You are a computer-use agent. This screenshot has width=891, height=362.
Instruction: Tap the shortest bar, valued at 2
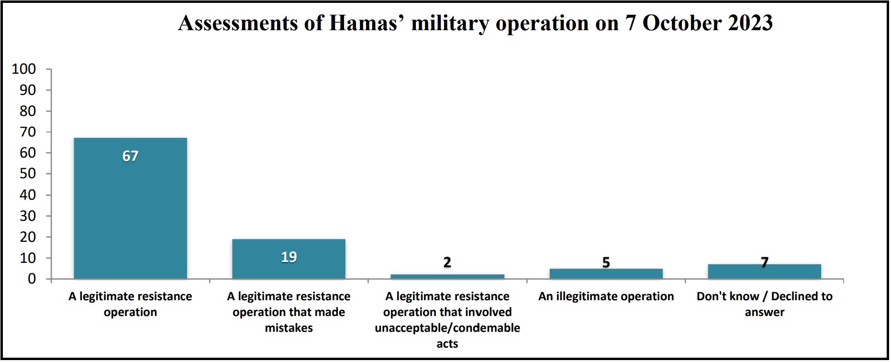[447, 276]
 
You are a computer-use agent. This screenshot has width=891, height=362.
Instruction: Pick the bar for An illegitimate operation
[606, 274]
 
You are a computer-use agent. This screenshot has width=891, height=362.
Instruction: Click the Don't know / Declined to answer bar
[764, 271]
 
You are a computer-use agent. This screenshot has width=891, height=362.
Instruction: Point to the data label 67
[130, 156]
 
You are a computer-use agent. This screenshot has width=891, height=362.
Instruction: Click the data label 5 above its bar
[606, 262]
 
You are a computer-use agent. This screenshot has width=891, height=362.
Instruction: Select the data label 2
[447, 262]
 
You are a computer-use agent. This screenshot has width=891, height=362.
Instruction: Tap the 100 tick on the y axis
[24, 69]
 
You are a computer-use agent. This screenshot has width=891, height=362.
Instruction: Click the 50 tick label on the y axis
[28, 174]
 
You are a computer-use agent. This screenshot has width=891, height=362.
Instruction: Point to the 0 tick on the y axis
[32, 279]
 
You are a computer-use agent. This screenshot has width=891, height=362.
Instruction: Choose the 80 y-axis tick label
[28, 111]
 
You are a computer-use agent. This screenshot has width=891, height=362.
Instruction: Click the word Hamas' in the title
[364, 23]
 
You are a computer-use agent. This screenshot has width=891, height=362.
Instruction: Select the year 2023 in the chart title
[750, 23]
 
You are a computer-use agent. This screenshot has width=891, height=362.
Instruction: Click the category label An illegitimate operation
[606, 296]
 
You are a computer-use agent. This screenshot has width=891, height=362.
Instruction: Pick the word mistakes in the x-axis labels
[289, 328]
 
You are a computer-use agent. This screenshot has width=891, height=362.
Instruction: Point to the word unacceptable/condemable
[447, 328]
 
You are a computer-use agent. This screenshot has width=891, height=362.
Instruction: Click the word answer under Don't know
[764, 312]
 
